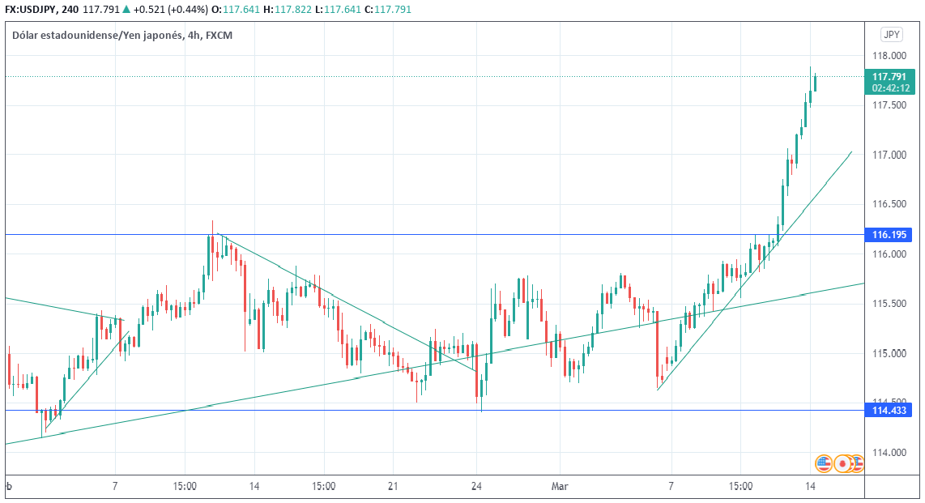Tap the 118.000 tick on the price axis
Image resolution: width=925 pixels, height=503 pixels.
889,56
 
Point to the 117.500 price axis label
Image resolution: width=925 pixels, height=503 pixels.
889,105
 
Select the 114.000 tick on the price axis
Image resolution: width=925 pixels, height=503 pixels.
889,452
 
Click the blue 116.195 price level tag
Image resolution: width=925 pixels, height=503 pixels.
889,235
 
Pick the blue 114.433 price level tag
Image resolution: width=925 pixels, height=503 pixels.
889,411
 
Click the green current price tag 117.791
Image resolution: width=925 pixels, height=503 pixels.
889,77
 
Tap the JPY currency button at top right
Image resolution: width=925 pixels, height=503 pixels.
892,35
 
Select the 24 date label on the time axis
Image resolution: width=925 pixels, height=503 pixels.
477,487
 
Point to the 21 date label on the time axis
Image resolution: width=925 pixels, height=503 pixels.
392,487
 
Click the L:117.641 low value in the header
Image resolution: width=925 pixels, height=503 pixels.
346,10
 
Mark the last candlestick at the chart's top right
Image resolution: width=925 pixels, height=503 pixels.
815,82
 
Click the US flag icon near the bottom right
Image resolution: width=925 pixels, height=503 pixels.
824,463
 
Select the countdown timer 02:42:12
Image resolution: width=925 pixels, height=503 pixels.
889,87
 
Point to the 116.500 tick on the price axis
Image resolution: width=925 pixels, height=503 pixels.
889,204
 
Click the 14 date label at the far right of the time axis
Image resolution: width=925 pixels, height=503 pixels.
811,487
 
